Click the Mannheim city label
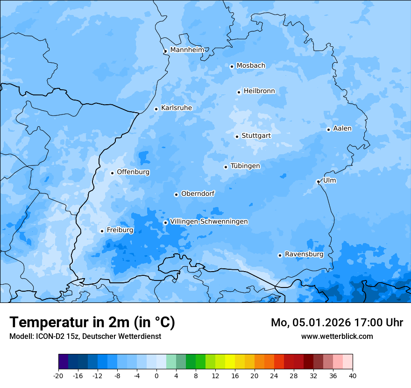(187, 50)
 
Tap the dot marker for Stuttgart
(237, 137)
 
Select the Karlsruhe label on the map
(176, 108)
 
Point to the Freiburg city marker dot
(102, 231)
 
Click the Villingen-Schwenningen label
(209, 222)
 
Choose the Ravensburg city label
(304, 254)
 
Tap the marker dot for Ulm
(318, 181)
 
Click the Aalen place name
(342, 129)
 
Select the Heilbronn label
(259, 91)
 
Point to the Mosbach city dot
(232, 66)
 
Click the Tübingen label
(245, 166)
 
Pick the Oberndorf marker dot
(176, 194)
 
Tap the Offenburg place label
(133, 172)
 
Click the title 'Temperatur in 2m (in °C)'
(92, 323)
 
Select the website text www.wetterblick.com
(337, 337)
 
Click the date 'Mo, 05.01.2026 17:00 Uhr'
(337, 323)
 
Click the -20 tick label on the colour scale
(58, 376)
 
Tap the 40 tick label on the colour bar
(352, 376)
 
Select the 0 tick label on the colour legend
(156, 376)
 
